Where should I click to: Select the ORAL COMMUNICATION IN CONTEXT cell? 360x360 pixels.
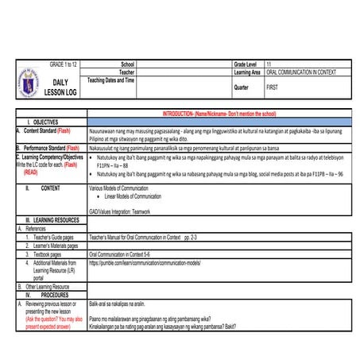(x=301, y=72)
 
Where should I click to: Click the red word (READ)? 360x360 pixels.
(x=31, y=172)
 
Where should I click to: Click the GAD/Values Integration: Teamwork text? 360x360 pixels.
(x=123, y=211)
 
